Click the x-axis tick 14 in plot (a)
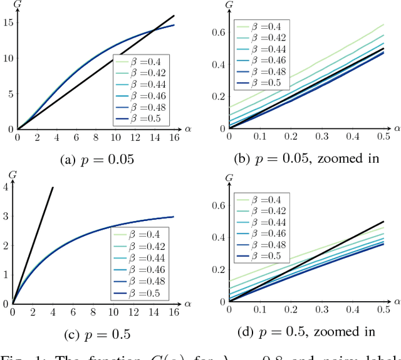(x=154, y=138)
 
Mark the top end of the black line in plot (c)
(x=53, y=187)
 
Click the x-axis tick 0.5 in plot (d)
(x=383, y=310)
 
